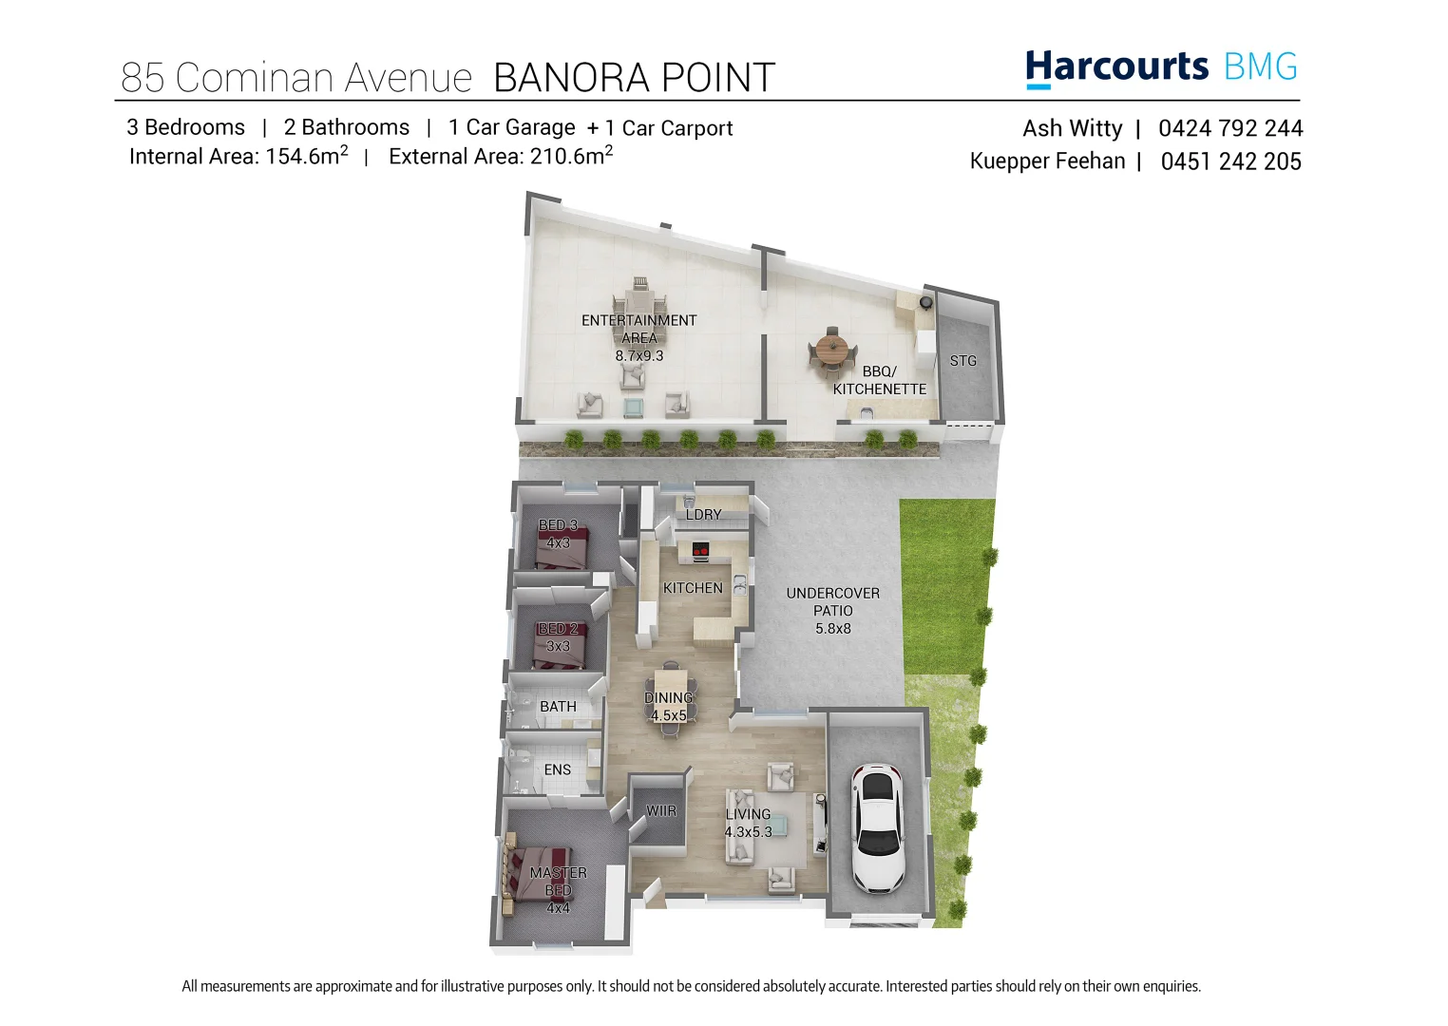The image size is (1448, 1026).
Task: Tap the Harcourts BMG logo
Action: (1161, 67)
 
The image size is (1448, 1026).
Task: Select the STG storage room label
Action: (962, 361)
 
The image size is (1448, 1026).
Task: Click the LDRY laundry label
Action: (703, 514)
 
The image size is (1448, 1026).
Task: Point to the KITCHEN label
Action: (693, 588)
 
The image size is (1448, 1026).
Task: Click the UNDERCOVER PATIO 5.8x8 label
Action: (832, 610)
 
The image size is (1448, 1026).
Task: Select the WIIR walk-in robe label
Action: (661, 811)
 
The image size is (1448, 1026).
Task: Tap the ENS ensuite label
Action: (558, 769)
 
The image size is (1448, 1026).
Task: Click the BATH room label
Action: (558, 707)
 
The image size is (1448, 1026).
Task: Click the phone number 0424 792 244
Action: (1230, 128)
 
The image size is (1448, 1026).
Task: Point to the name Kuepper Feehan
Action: (1047, 161)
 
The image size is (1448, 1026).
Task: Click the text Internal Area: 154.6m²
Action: (238, 157)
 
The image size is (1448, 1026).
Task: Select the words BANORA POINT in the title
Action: (634, 78)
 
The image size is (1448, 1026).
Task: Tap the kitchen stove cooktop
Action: (700, 550)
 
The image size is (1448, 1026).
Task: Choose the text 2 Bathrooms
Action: (346, 127)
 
